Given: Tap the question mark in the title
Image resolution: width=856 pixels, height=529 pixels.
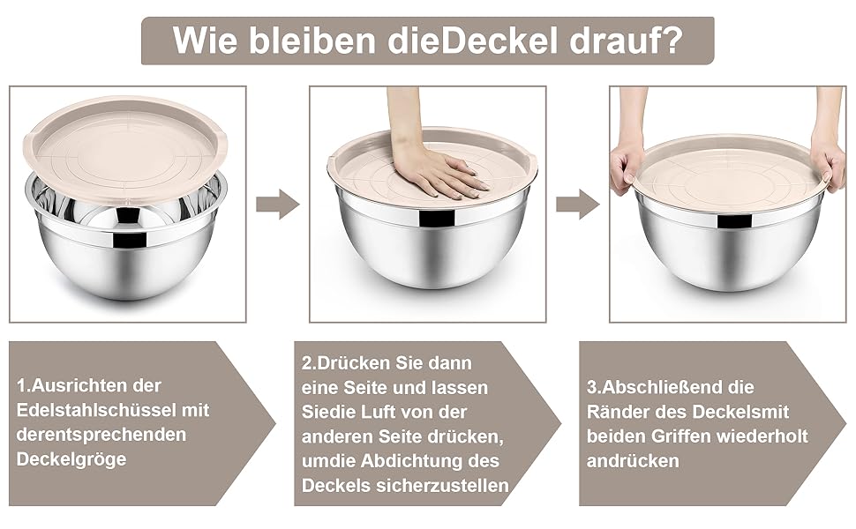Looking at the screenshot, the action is point(672,40).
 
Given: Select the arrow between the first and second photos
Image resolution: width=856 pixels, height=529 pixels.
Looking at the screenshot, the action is point(278,205).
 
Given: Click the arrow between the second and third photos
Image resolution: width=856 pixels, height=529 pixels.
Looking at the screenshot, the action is point(578,205).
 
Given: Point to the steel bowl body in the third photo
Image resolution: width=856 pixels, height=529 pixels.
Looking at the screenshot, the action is point(729,245).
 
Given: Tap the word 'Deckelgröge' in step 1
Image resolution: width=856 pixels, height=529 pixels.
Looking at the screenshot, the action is point(71,459).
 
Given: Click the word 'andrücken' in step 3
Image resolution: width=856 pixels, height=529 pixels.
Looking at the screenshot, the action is point(633,461).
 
